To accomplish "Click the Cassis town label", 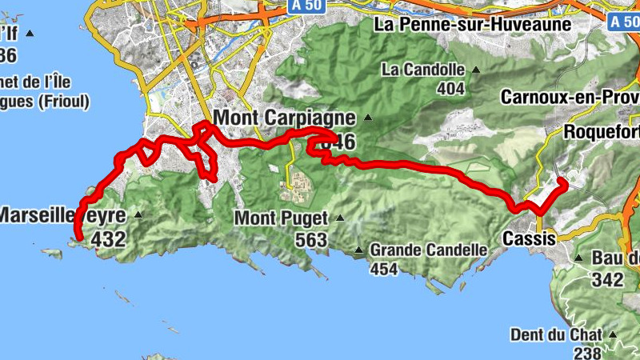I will point(529,238).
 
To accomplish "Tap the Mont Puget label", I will point(282,218).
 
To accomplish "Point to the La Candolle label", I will point(423,70).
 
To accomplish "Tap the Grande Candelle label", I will point(428,250).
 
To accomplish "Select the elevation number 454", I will point(384,270).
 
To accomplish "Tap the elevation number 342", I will point(608,279).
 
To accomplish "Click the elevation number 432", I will point(110,238).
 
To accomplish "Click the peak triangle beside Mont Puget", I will point(339,218).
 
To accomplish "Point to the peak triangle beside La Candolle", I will point(475,70).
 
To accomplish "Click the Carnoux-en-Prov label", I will point(570,97).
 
